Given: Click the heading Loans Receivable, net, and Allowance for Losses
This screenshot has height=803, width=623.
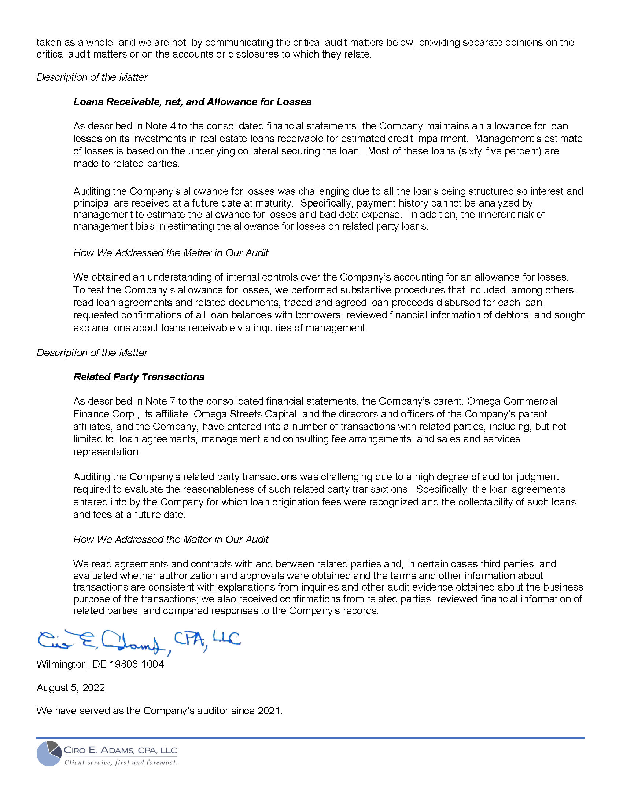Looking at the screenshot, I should (192, 102).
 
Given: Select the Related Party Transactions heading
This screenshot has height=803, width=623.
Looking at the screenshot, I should (139, 377).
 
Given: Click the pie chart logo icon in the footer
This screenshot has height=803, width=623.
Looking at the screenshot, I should (49, 754).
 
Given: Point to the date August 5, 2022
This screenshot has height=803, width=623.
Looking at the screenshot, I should (70, 687).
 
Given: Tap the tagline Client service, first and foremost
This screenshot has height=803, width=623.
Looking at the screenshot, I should (121, 763).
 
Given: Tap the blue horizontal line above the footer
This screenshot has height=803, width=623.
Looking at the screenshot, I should (310, 738).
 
